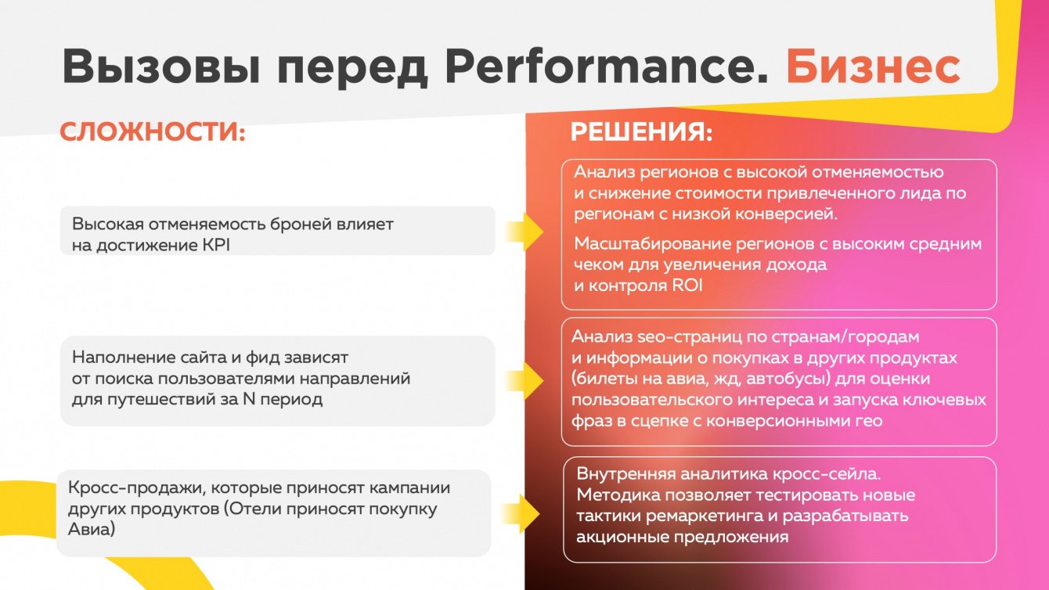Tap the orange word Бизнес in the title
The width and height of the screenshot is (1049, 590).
(873, 66)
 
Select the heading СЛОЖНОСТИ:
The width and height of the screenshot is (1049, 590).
(153, 131)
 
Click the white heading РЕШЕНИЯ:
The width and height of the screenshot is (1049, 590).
(642, 131)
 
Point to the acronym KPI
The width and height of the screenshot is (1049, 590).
(216, 245)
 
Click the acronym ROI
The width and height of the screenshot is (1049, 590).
(687, 285)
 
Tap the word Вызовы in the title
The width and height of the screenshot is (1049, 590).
(161, 66)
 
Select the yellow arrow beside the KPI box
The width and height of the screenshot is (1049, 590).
(524, 232)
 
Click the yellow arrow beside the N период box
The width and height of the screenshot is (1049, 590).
(524, 380)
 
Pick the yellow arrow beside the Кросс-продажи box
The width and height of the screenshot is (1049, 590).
(521, 513)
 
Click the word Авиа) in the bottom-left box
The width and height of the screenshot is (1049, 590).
(92, 530)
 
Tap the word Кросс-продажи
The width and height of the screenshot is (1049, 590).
(135, 488)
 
